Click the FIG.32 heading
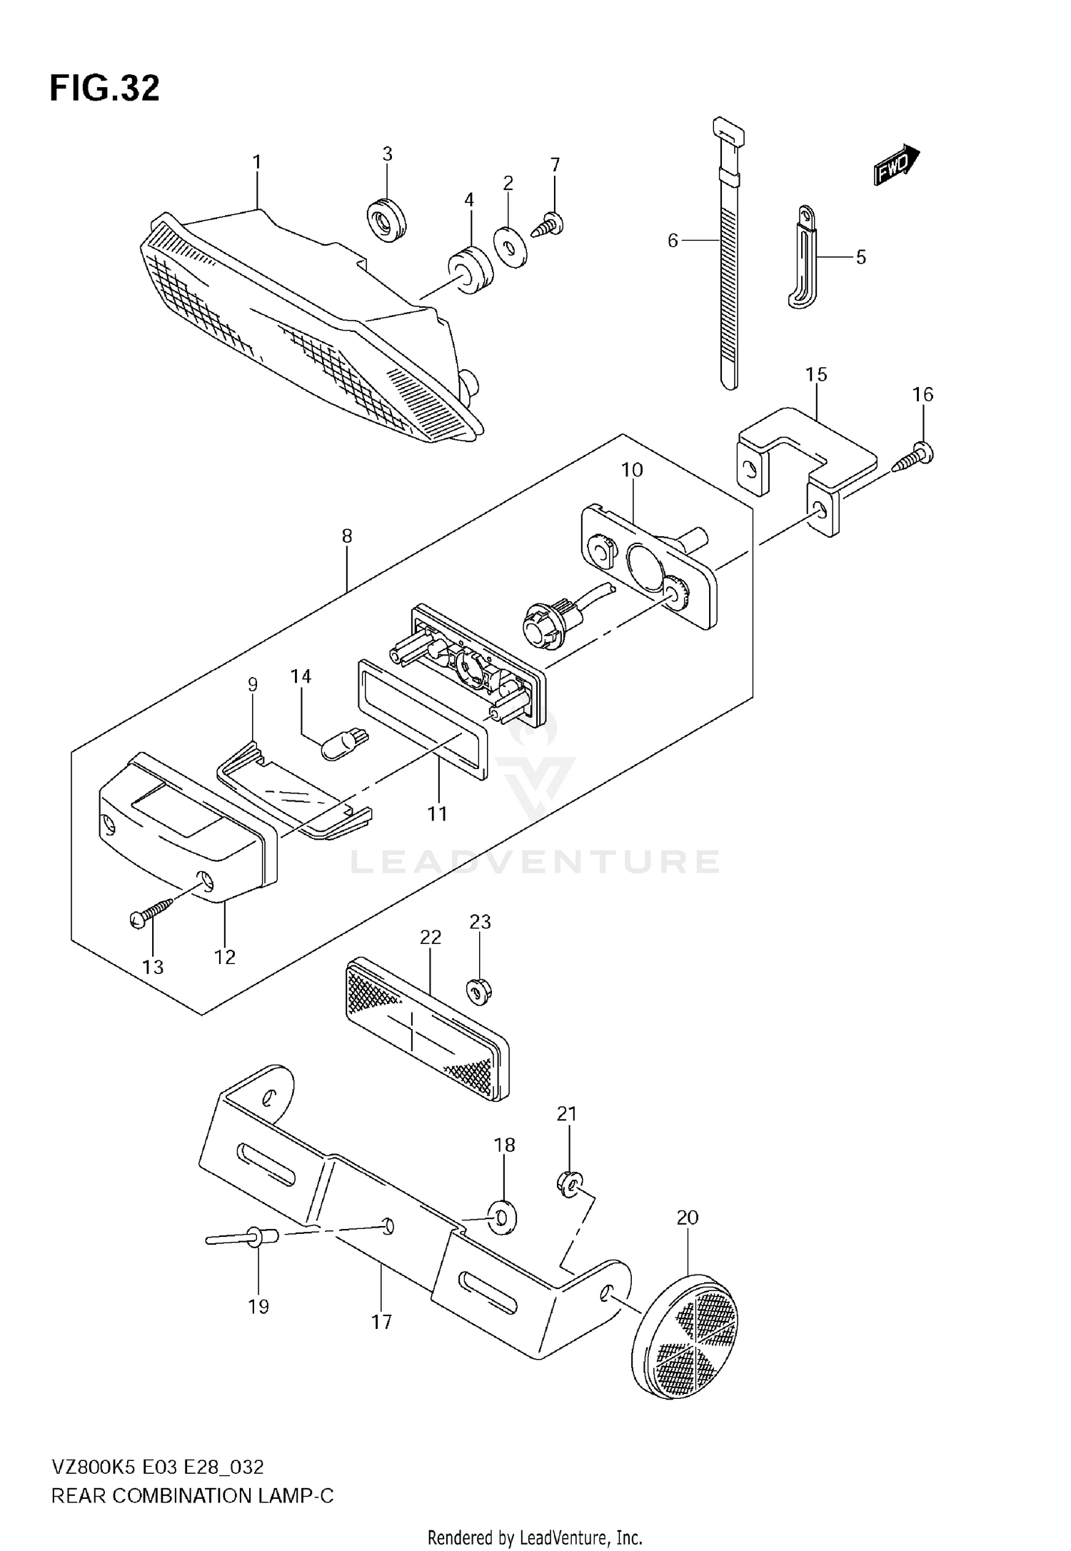[104, 89]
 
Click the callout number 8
[347, 536]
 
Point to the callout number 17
[382, 1322]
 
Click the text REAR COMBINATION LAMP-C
[192, 1495]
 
